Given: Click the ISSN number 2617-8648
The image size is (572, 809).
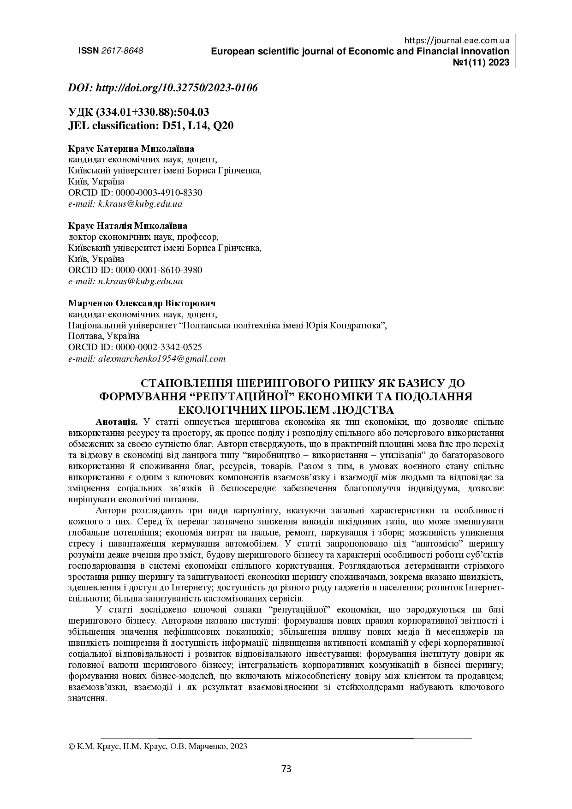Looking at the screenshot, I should tap(122, 51).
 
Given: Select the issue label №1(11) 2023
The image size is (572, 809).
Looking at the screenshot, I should tap(482, 63).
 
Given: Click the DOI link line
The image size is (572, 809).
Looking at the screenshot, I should tap(163, 88).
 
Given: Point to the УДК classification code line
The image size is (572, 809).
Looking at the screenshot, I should tap(138, 112).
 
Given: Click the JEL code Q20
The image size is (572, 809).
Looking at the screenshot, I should tap(223, 125).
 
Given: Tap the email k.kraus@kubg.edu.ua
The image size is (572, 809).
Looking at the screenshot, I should tap(140, 203).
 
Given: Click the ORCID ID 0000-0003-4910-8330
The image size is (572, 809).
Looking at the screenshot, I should tap(159, 192).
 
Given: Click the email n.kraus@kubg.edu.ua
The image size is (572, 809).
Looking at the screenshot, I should tap(140, 281).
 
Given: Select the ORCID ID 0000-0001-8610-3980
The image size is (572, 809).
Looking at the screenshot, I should tap(159, 270).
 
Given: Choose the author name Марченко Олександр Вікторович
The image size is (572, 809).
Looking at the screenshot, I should tap(142, 303).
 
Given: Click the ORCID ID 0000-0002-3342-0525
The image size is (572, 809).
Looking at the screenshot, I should tap(159, 347).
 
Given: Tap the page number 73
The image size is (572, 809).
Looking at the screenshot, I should tap(286, 769).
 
